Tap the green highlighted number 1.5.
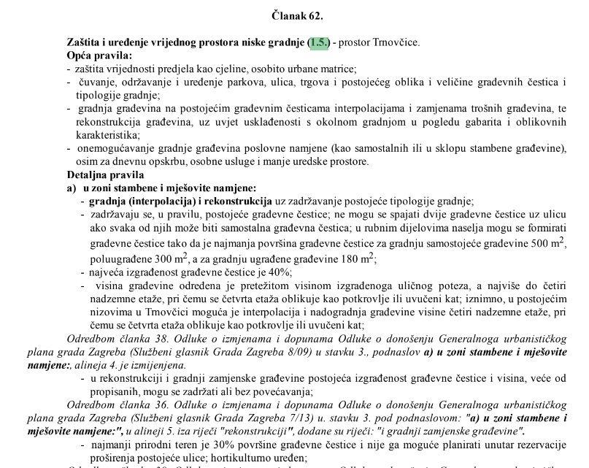319,44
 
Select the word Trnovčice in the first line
397,44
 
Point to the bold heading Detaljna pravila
105,175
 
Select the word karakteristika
107,135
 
